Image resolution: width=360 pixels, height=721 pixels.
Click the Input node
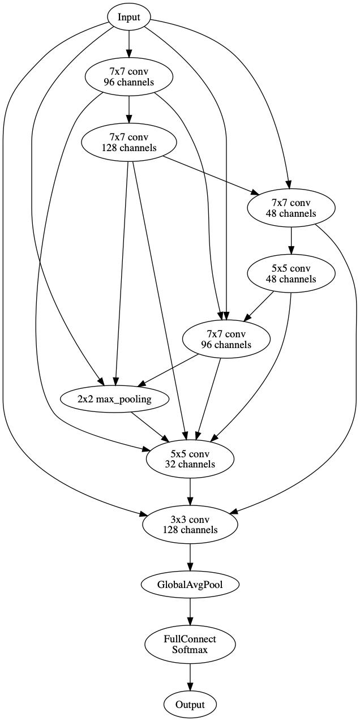(x=129, y=17)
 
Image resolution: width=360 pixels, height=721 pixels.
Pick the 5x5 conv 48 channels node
(x=291, y=274)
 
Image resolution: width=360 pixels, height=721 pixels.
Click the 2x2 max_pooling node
(x=115, y=399)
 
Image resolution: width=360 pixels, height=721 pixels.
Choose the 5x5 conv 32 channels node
(x=190, y=459)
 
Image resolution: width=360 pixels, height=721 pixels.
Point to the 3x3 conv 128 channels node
(x=190, y=525)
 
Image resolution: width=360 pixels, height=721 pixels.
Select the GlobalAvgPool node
(x=190, y=584)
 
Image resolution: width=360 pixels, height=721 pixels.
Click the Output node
(x=190, y=705)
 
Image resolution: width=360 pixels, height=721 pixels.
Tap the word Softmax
(x=190, y=650)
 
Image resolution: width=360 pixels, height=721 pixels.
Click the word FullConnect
(x=190, y=640)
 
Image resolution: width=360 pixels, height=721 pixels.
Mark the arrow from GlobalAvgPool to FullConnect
(x=190, y=611)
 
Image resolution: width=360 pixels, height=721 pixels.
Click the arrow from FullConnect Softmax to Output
(x=190, y=676)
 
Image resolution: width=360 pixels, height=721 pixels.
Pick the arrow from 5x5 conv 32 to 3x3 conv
(x=190, y=491)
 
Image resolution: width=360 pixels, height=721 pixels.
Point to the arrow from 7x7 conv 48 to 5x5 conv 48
(x=291, y=241)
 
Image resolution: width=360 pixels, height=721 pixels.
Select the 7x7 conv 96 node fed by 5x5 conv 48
(x=226, y=339)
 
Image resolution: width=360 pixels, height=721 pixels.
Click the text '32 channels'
(x=190, y=464)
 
